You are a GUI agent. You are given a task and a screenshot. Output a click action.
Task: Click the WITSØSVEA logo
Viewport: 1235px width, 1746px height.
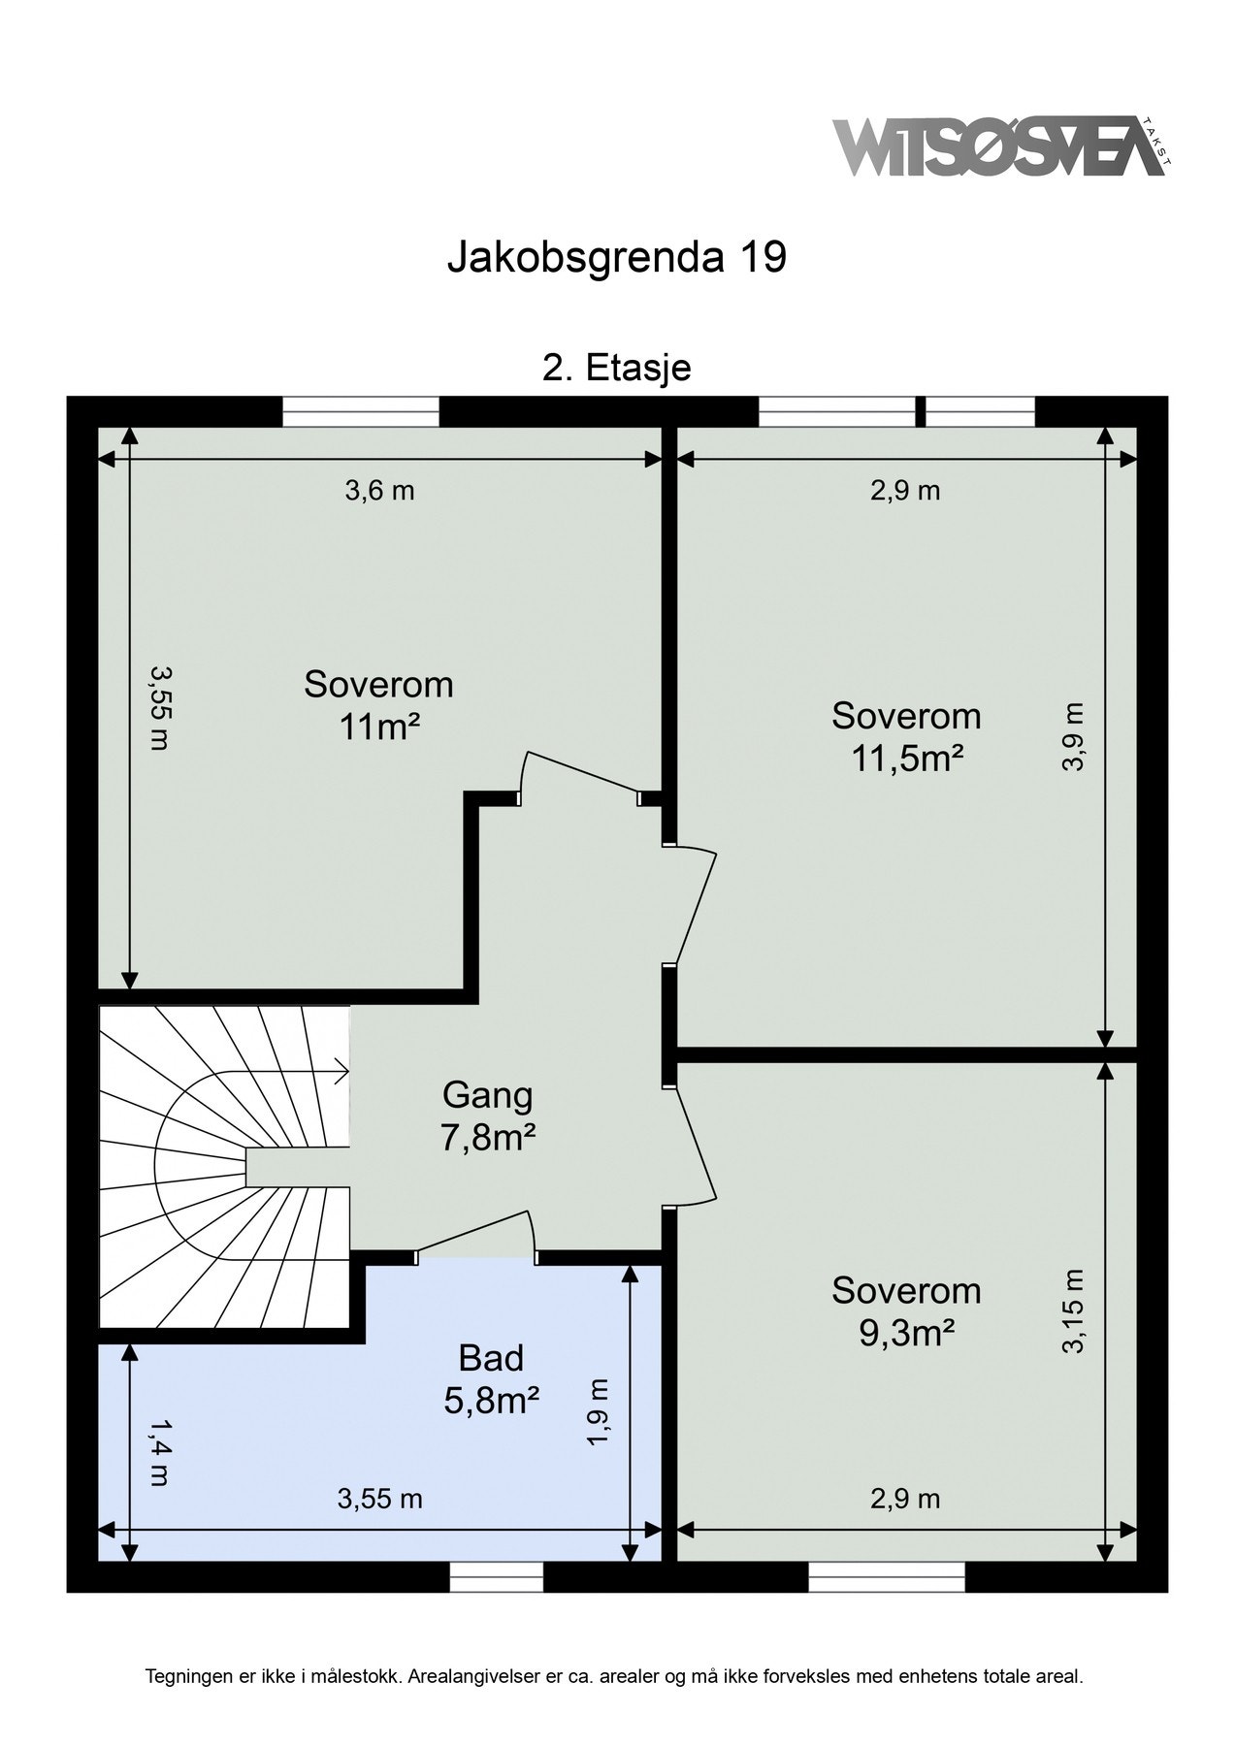pyautogui.click(x=1003, y=146)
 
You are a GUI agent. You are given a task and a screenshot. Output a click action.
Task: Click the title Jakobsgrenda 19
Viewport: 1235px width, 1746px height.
pyautogui.click(x=616, y=257)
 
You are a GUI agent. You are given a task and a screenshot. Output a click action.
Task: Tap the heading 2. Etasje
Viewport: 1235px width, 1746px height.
pyautogui.click(x=616, y=369)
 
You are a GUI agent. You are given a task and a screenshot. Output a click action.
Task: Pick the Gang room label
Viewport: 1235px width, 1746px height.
pyautogui.click(x=488, y=1096)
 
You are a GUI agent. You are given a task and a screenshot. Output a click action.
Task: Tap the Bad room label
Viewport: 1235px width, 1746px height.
pyautogui.click(x=491, y=1358)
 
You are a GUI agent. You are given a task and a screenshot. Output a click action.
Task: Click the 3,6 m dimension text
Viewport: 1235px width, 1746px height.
pyautogui.click(x=379, y=491)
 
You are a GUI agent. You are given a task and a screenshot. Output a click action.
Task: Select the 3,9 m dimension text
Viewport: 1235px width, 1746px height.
pyautogui.click(x=1072, y=736)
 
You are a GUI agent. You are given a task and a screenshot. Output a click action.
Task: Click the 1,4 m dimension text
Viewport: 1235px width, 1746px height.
pyautogui.click(x=158, y=1452)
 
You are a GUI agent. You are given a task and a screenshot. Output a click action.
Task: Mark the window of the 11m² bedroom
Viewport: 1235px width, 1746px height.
pyautogui.click(x=361, y=411)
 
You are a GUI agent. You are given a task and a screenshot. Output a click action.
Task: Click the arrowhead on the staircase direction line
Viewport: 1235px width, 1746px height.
pyautogui.click(x=340, y=1072)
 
